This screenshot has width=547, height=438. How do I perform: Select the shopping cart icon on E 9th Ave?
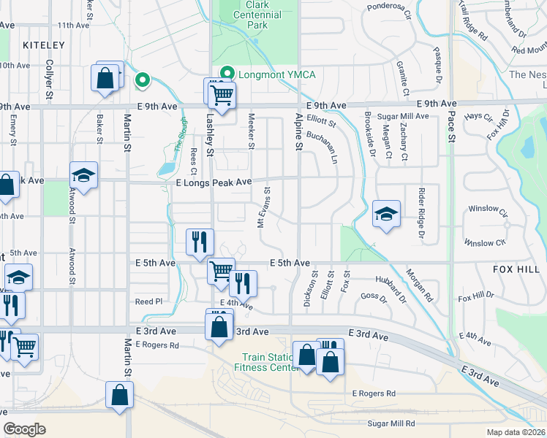click(x=220, y=93)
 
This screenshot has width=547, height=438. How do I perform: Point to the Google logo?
click(x=25, y=429)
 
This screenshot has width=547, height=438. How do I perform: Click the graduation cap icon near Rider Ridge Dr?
click(x=386, y=214)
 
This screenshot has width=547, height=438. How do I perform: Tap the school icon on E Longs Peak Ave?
click(x=84, y=175)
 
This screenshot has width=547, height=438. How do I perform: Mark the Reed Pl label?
click(x=148, y=301)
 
